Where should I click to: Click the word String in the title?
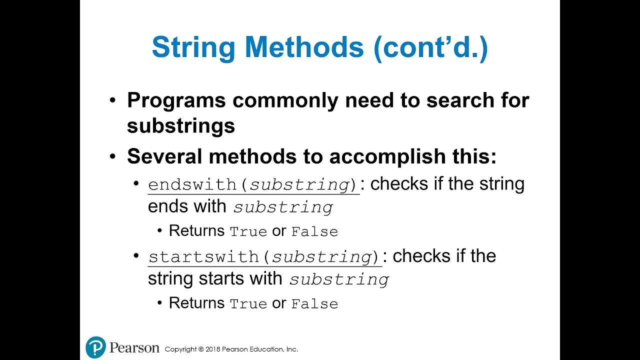pos(193,47)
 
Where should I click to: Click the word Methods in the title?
pos(304,47)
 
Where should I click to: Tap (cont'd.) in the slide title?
pos(430,47)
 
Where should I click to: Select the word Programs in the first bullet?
pos(176,100)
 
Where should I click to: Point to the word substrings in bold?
pos(180,125)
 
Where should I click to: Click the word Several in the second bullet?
pos(164,156)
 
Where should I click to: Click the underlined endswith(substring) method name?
pos(253,185)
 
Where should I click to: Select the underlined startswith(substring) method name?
pos(265,257)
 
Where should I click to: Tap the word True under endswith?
pos(248,232)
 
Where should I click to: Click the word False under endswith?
pos(314,232)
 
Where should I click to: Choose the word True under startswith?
pos(248,304)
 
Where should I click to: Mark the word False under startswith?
pos(314,304)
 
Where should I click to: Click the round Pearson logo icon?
pos(95,347)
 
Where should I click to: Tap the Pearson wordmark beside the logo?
pos(134,347)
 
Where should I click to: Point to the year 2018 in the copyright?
pos(213,349)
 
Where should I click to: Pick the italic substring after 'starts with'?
pos(339,279)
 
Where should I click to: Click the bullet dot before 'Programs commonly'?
pos(112,100)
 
